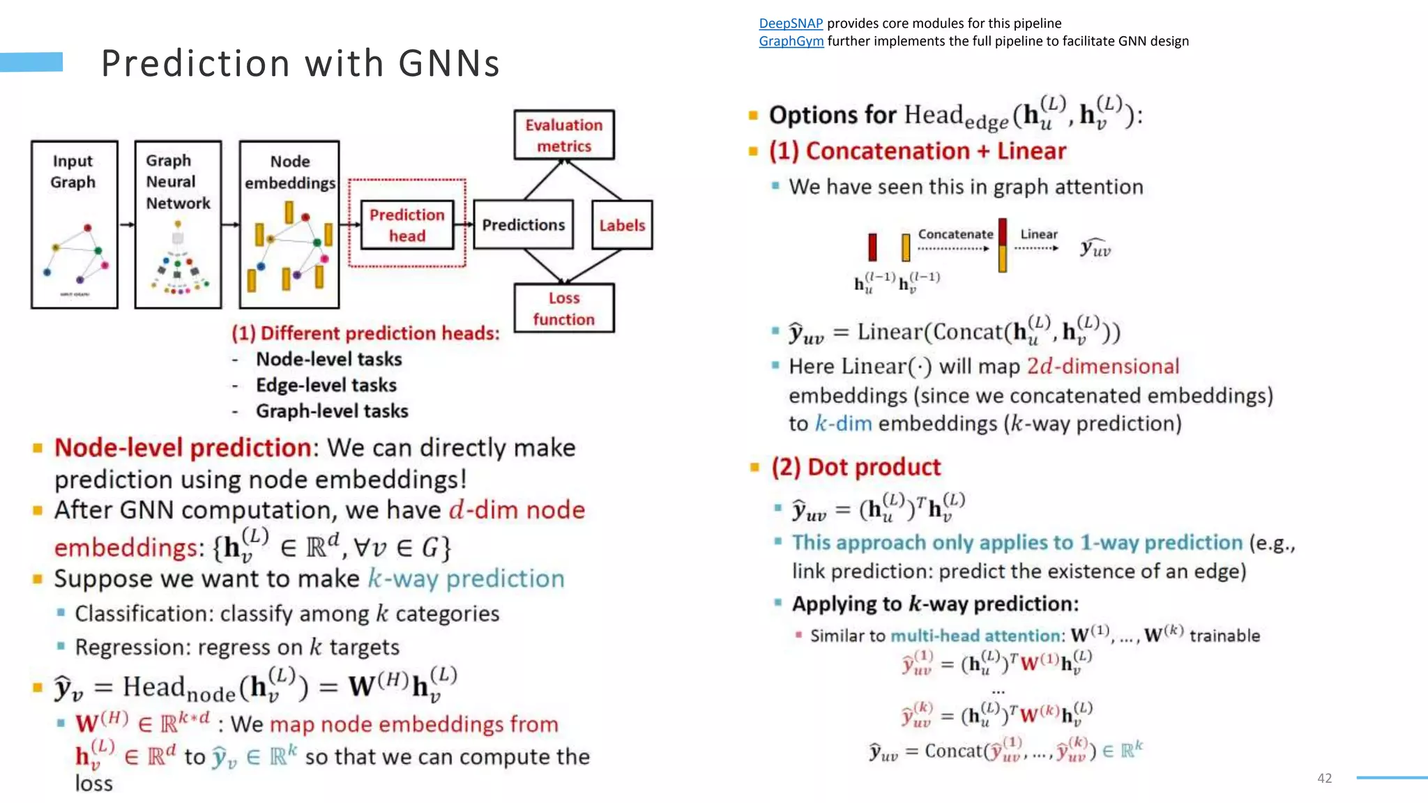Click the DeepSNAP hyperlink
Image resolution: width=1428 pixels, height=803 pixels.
[791, 24]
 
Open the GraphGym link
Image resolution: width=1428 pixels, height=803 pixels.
[791, 41]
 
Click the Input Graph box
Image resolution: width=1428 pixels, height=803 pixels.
[74, 224]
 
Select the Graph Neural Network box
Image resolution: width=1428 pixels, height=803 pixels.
[178, 224]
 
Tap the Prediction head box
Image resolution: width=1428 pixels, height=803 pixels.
[407, 224]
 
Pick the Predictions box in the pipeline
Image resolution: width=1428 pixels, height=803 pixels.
[523, 224]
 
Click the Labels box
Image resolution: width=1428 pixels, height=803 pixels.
[622, 225]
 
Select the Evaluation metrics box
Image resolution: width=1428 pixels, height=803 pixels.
[564, 135]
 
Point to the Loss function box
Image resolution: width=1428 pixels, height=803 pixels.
[564, 308]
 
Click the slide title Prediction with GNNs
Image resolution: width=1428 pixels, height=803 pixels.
[301, 63]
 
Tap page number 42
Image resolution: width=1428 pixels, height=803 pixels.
[1324, 778]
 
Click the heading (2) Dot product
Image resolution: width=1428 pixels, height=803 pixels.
[856, 467]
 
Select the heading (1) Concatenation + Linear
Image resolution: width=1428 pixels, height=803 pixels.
[918, 151]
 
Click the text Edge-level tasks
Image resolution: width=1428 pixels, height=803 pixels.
[326, 385]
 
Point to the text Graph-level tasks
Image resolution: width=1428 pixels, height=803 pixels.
[332, 411]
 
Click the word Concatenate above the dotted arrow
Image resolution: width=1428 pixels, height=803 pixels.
[955, 234]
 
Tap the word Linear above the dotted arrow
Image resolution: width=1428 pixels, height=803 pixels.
[1039, 234]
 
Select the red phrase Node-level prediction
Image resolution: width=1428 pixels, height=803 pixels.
[183, 448]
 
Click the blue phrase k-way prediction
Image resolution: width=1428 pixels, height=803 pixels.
[466, 579]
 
